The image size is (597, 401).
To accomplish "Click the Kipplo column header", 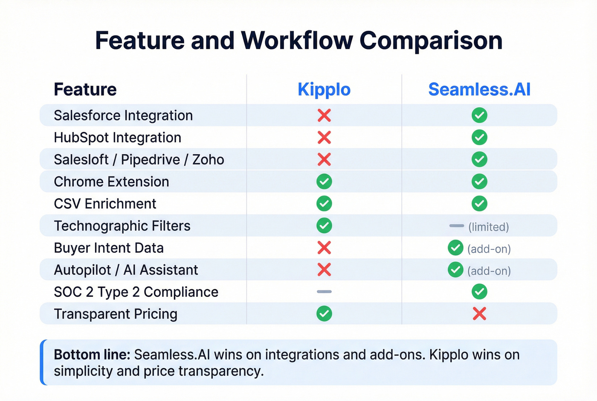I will pyautogui.click(x=324, y=90).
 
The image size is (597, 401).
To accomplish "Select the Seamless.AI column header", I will pyautogui.click(x=479, y=90).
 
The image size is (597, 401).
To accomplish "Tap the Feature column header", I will pyautogui.click(x=85, y=90).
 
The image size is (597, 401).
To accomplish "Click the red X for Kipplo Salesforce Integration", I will pyautogui.click(x=324, y=115).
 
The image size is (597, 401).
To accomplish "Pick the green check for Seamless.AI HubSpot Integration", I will pyautogui.click(x=479, y=138).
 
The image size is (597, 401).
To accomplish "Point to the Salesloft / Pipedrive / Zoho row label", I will pyautogui.click(x=139, y=160).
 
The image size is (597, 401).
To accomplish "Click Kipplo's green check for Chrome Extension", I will pyautogui.click(x=324, y=181).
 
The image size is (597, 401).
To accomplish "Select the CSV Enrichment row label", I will pyautogui.click(x=105, y=204).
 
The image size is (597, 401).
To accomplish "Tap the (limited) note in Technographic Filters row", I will pyautogui.click(x=489, y=227).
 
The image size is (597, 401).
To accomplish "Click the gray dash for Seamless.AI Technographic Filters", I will pyautogui.click(x=456, y=225).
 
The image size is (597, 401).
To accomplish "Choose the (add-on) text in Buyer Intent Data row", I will pyautogui.click(x=489, y=249).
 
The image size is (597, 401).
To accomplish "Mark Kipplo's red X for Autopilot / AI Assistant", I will pyautogui.click(x=324, y=270).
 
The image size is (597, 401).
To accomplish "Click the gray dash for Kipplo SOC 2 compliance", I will pyautogui.click(x=324, y=292).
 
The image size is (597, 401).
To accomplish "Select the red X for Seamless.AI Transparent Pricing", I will pyautogui.click(x=479, y=314).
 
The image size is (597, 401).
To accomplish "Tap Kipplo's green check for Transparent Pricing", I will pyautogui.click(x=324, y=314).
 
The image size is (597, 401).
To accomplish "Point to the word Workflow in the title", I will pyautogui.click(x=297, y=41).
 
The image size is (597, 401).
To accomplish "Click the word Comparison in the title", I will pyautogui.click(x=431, y=41).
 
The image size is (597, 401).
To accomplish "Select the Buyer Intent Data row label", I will pyautogui.click(x=109, y=248).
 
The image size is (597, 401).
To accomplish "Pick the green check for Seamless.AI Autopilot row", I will pyautogui.click(x=455, y=270).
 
